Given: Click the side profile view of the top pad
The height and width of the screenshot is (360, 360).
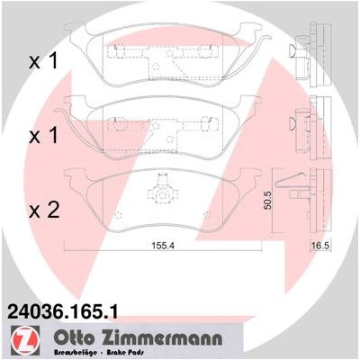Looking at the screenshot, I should (310, 52).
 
